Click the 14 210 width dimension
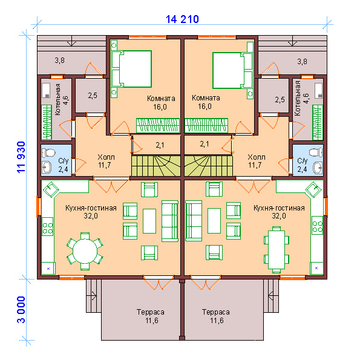(x=182, y=19)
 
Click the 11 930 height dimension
(x=21, y=157)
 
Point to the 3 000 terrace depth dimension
(x=21, y=310)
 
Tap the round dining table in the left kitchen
(x=85, y=251)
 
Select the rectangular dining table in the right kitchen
(x=277, y=249)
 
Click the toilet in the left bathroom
(x=48, y=153)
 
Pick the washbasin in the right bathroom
(x=318, y=168)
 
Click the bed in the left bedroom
(x=131, y=69)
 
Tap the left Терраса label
(x=151, y=312)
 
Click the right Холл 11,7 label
(x=256, y=161)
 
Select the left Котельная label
(x=58, y=99)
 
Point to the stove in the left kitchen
(x=48, y=227)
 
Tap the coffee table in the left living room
(x=149, y=221)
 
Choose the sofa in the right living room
(x=194, y=221)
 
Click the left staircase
(x=155, y=166)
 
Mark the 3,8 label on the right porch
(x=302, y=62)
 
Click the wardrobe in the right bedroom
(x=206, y=125)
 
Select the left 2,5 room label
(x=93, y=96)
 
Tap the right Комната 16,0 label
(x=206, y=102)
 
